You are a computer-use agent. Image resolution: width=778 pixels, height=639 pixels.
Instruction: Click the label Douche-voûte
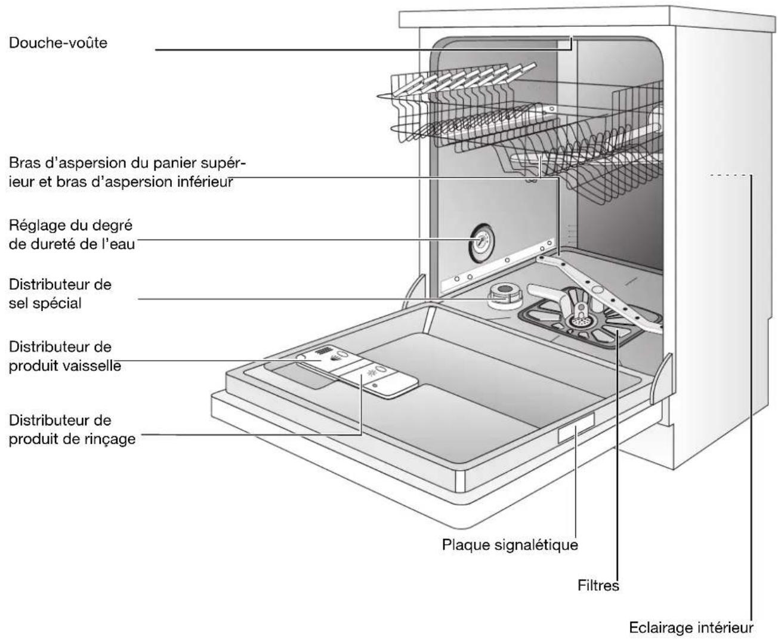click(x=58, y=43)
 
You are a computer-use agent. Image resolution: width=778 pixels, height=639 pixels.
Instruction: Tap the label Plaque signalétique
click(x=510, y=545)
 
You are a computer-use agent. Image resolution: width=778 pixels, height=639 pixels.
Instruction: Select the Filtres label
click(x=598, y=585)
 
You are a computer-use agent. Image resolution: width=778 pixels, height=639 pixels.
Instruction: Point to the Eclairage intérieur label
click(x=691, y=628)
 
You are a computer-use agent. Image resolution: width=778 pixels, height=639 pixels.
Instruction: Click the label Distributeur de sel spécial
click(x=60, y=294)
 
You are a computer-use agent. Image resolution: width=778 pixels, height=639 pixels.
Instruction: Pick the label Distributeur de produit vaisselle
click(x=64, y=356)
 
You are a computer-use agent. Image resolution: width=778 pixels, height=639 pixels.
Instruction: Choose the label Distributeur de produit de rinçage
click(x=72, y=430)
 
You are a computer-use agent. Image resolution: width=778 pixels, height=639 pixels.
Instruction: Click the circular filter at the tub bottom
click(x=576, y=321)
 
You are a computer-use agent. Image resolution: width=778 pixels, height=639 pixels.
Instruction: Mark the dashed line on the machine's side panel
click(x=731, y=175)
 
